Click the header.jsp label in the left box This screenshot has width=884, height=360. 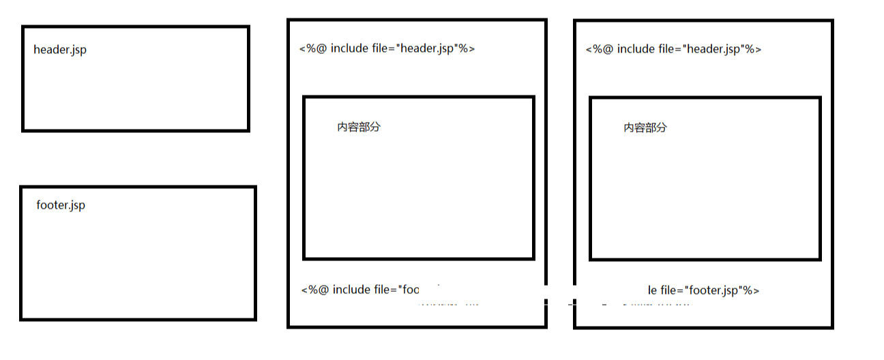point(60,50)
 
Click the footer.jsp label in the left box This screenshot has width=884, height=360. point(61,205)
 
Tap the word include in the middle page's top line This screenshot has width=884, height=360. point(352,48)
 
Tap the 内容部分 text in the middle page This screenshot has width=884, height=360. point(358,127)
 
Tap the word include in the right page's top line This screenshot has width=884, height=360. point(638,49)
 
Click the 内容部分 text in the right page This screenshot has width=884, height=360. point(645,127)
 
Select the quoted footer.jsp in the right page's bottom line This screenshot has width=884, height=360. point(713,290)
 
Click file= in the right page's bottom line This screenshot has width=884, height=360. point(673,290)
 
